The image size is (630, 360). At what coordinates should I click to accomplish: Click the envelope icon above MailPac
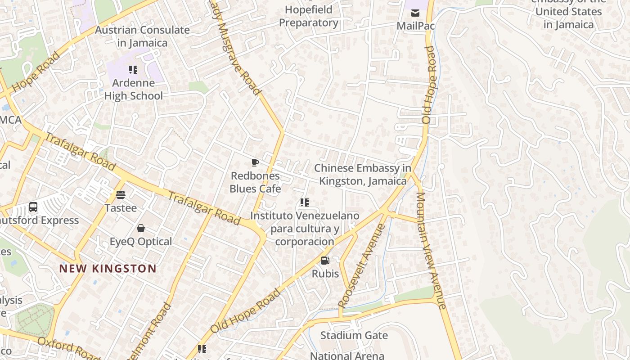(x=415, y=13)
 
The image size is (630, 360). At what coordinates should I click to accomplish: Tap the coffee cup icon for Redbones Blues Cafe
(x=255, y=162)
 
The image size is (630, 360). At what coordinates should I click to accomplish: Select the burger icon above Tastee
(x=121, y=195)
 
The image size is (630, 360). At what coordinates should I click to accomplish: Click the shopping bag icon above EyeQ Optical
(x=141, y=228)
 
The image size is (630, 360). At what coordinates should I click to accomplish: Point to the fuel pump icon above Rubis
(x=325, y=260)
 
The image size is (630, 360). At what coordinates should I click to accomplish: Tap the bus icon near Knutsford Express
(x=33, y=207)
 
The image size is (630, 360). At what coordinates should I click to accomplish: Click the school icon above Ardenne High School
(x=133, y=70)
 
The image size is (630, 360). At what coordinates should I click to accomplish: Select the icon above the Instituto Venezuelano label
(x=305, y=202)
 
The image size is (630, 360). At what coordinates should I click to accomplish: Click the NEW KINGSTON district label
(x=108, y=269)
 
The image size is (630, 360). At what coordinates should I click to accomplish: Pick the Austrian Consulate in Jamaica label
(x=142, y=36)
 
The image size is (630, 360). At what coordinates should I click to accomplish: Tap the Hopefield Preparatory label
(x=309, y=16)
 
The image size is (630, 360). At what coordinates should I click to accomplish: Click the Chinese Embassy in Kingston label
(x=363, y=175)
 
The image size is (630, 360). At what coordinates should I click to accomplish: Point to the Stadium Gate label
(x=354, y=335)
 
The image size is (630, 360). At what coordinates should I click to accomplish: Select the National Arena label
(x=347, y=355)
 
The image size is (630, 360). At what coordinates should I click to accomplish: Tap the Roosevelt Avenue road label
(x=362, y=265)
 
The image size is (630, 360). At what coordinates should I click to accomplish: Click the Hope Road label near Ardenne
(x=36, y=72)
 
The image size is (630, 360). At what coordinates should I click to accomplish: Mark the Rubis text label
(x=325, y=273)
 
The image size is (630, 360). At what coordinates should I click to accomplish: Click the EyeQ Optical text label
(x=141, y=242)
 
